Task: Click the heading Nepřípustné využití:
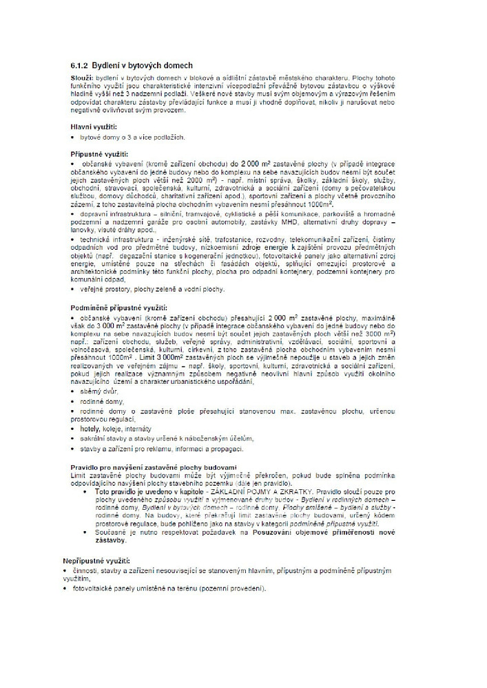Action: point(101,561)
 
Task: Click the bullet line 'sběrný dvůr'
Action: point(103,391)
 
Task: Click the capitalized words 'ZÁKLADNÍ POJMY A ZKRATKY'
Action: point(269,493)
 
